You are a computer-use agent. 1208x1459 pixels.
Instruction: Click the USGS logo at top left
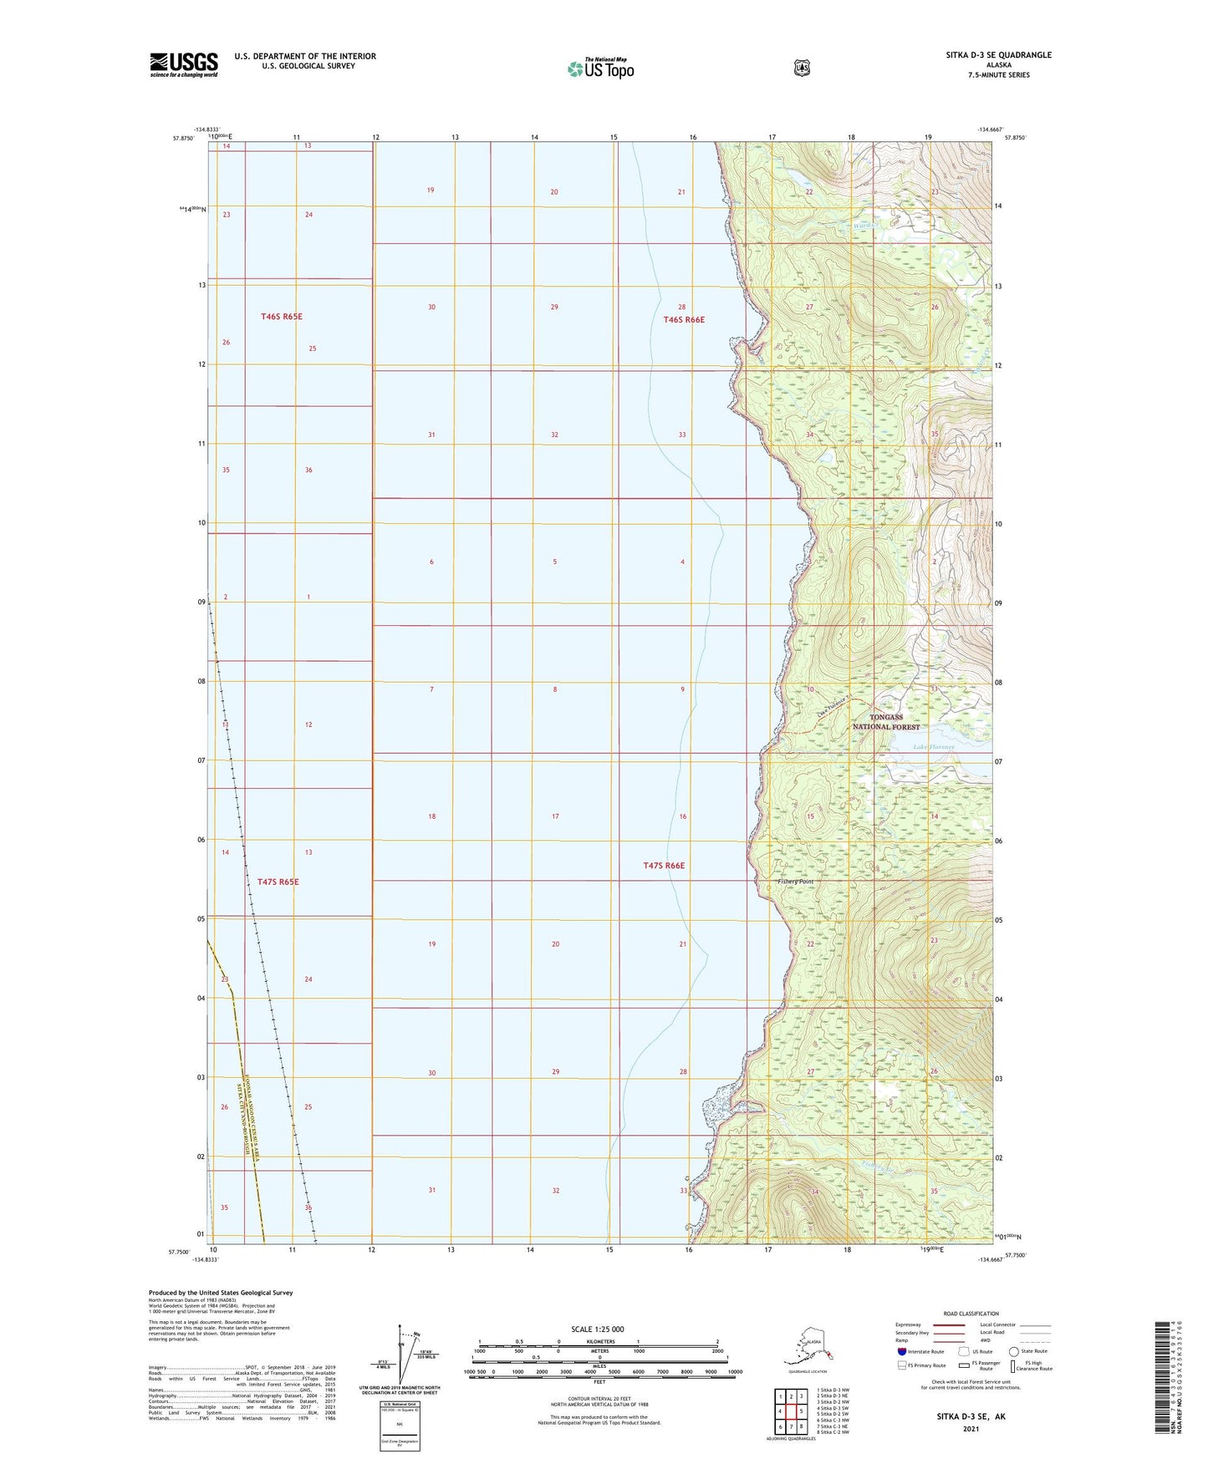coord(183,64)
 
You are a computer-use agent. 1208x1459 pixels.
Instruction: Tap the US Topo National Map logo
coord(600,68)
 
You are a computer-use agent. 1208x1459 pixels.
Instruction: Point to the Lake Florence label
coord(933,747)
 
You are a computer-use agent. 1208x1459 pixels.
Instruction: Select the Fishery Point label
coord(794,882)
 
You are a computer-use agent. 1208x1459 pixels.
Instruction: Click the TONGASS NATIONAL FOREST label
coord(885,722)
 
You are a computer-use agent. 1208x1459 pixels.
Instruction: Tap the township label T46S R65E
coord(281,317)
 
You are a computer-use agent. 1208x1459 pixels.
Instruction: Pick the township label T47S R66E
coord(664,866)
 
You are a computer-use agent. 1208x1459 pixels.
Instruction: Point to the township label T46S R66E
coord(684,320)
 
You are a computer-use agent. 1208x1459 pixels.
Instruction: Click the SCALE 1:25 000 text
coord(598,1329)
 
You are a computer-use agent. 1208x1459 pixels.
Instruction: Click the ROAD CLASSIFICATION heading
coord(971,1314)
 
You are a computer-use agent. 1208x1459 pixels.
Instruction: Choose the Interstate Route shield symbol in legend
coord(901,1351)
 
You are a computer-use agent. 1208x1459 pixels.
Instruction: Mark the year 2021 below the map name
coord(971,1429)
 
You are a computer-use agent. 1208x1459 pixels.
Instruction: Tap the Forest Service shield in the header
coord(802,68)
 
